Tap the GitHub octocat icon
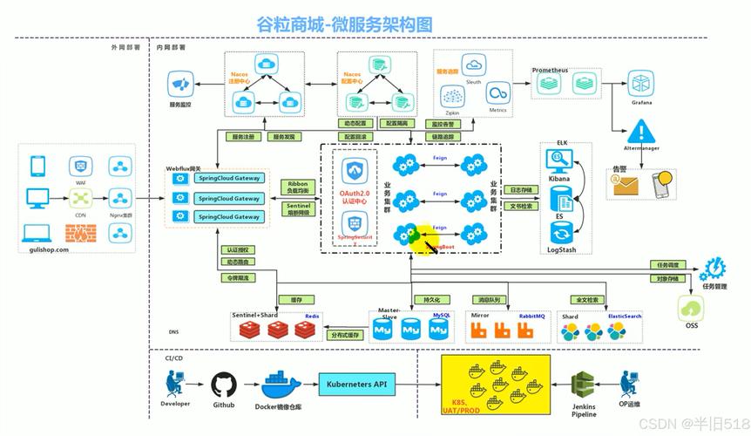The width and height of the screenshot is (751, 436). (223, 385)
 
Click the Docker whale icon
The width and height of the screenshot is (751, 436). (281, 381)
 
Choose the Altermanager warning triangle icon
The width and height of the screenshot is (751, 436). (642, 133)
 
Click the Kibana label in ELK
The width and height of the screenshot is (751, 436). (558, 179)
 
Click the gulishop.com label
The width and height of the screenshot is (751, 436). (44, 249)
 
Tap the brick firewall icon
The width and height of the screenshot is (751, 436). (80, 233)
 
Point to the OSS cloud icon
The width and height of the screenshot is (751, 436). (691, 309)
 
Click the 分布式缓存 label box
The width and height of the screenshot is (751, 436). (345, 334)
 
